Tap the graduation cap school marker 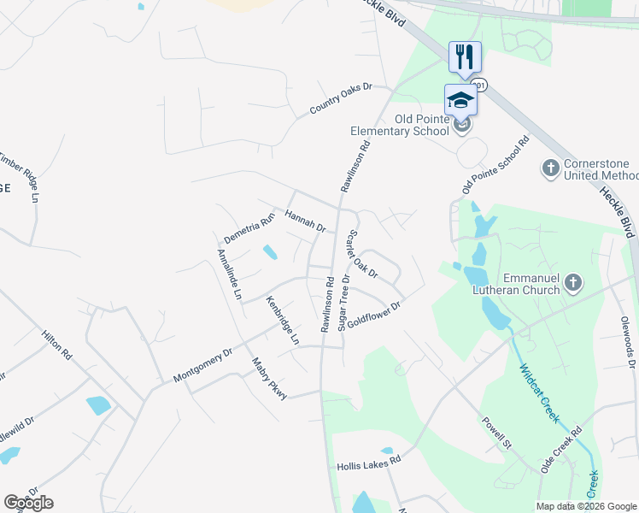pyautogui.click(x=460, y=99)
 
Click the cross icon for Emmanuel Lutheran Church pyautogui.click(x=573, y=282)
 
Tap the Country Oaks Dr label pyautogui.click(x=342, y=99)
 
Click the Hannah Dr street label pyautogui.click(x=306, y=221)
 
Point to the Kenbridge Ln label pyautogui.click(x=282, y=320)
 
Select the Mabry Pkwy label pyautogui.click(x=268, y=377)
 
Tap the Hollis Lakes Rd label pyautogui.click(x=368, y=462)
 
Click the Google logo pyautogui.click(x=28, y=503)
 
